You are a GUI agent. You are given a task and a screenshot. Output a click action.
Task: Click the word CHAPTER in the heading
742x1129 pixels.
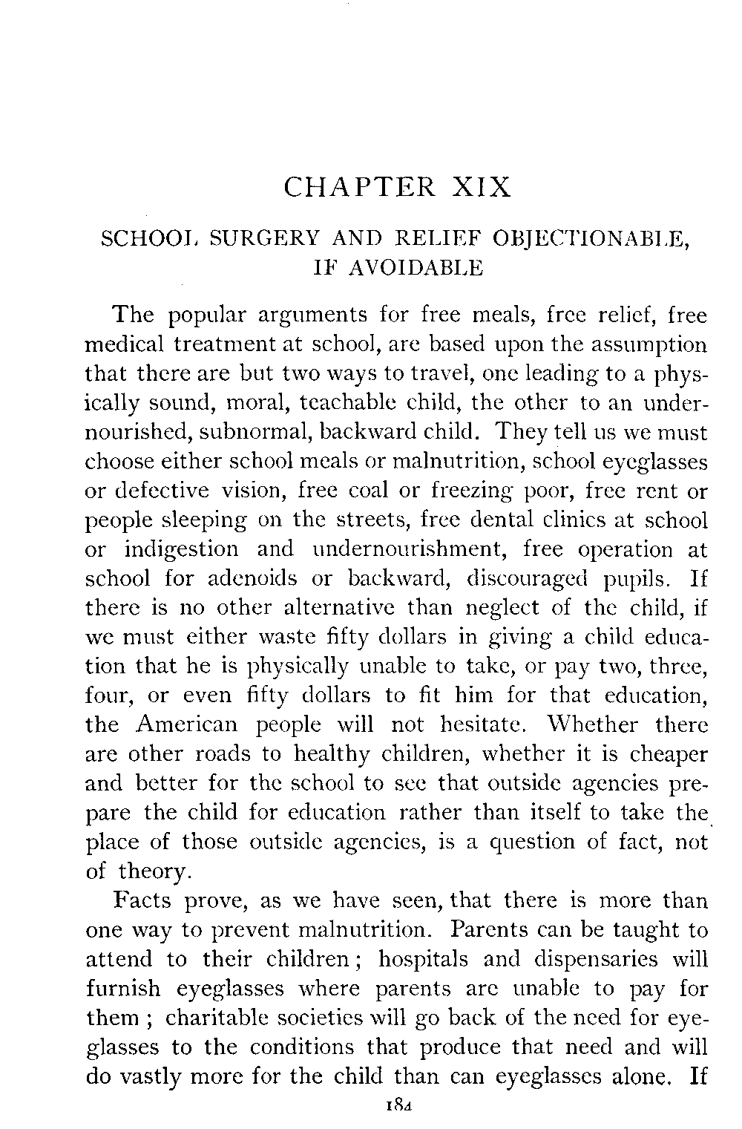tap(360, 186)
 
